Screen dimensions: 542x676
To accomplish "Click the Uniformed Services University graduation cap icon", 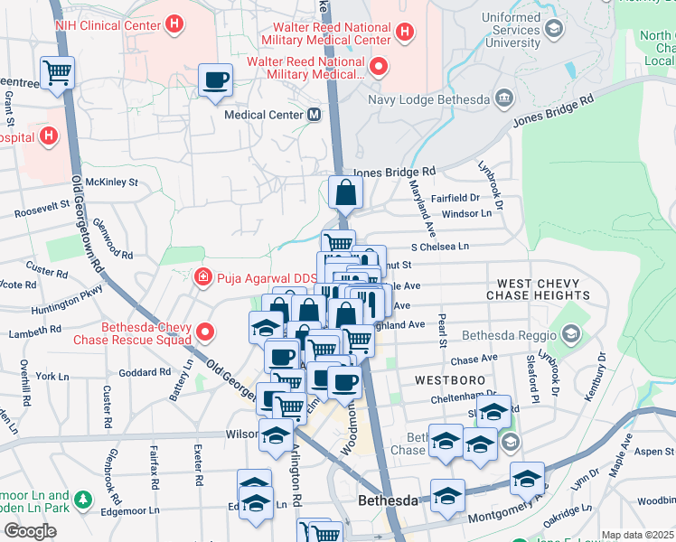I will tap(553, 29).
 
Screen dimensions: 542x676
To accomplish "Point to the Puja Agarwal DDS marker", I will tap(204, 276).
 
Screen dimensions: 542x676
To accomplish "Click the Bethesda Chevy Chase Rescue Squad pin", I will tap(205, 333).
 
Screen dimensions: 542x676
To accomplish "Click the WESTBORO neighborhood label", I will tap(446, 380).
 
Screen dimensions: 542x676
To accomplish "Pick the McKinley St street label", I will tap(114, 182).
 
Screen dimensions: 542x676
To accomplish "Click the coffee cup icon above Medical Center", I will tap(215, 80).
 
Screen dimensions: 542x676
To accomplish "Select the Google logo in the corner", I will tap(30, 531).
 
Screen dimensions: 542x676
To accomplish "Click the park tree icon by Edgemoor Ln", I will tap(83, 499).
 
